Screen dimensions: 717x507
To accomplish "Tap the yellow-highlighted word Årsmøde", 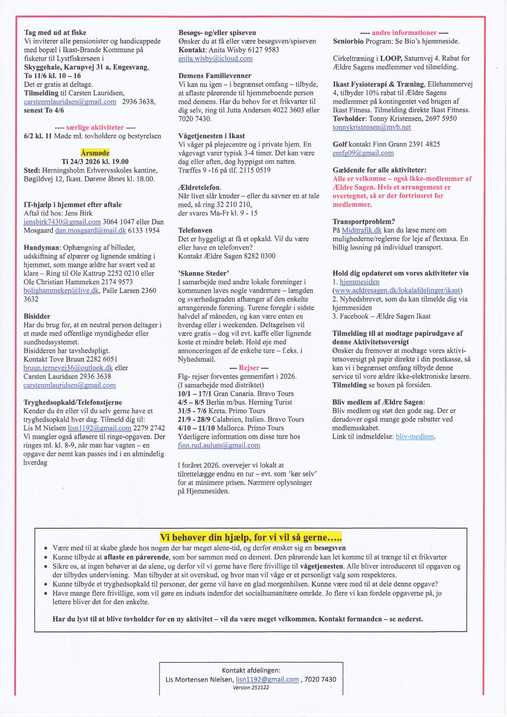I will point(95,153).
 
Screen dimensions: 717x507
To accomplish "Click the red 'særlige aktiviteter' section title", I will point(95,127).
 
